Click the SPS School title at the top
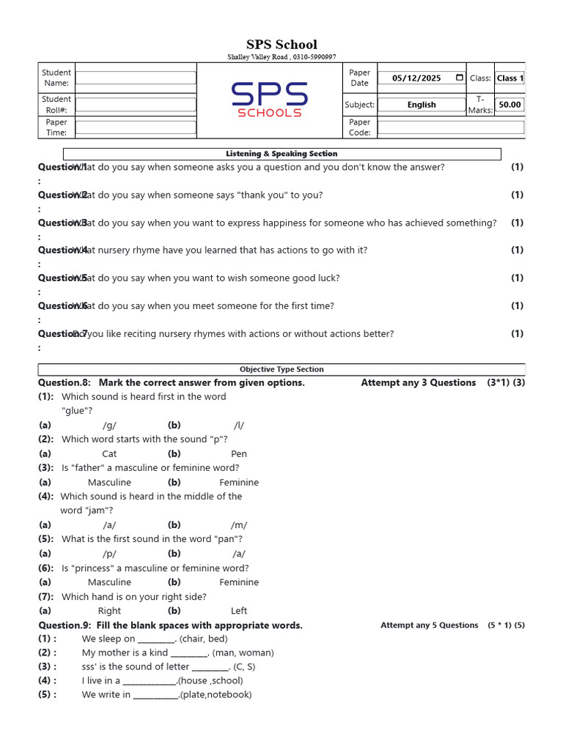pos(281,45)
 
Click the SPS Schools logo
pos(269,100)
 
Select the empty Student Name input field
pos(136,78)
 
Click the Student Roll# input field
pos(136,104)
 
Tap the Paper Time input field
pos(136,127)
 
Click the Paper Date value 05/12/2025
pos(416,78)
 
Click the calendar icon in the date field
pos(459,78)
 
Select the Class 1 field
pos(509,78)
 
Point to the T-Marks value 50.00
pos(509,105)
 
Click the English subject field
pos(422,105)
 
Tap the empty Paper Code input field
pos(450,127)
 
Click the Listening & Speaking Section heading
pos(281,154)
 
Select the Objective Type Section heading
pos(281,370)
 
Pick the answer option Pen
pos(239,454)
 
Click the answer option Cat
pos(109,454)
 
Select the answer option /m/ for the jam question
pos(239,525)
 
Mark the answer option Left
pos(239,611)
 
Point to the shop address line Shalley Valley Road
pos(281,57)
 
